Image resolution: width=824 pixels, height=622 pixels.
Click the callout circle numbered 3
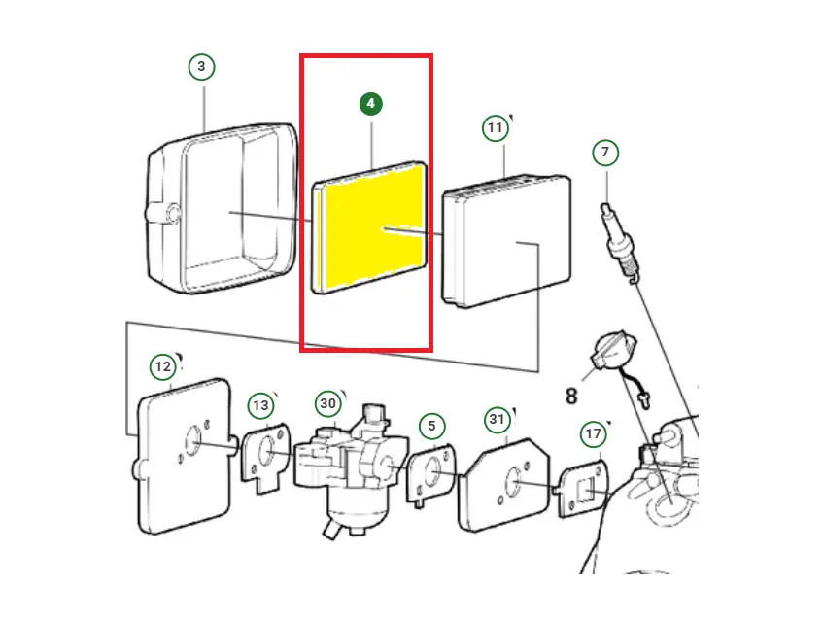201,67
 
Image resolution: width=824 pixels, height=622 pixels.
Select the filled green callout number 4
371,104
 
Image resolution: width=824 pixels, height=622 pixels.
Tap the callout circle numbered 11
495,127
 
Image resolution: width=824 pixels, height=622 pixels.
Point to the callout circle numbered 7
605,153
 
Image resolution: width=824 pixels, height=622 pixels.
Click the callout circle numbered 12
163,366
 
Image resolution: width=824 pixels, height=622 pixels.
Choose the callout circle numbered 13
260,405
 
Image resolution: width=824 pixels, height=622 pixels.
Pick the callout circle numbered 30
327,403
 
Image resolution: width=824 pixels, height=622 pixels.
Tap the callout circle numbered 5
432,426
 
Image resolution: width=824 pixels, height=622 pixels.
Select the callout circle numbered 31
498,419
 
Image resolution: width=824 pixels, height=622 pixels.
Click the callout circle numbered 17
594,433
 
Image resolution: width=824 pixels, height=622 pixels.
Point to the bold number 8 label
571,396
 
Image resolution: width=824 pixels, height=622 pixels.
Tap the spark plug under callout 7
620,243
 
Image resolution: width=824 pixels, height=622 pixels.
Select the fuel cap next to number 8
614,349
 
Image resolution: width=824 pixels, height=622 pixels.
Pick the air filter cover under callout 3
222,209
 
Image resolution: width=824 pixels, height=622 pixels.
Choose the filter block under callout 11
506,241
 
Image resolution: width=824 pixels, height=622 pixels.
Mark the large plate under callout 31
504,485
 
